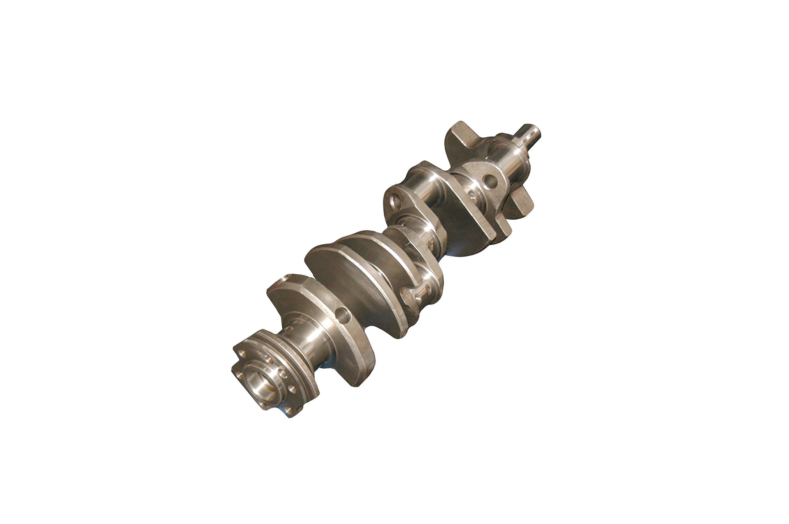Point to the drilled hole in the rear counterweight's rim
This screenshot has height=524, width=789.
342,314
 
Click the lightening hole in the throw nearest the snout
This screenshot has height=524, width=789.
489,182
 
